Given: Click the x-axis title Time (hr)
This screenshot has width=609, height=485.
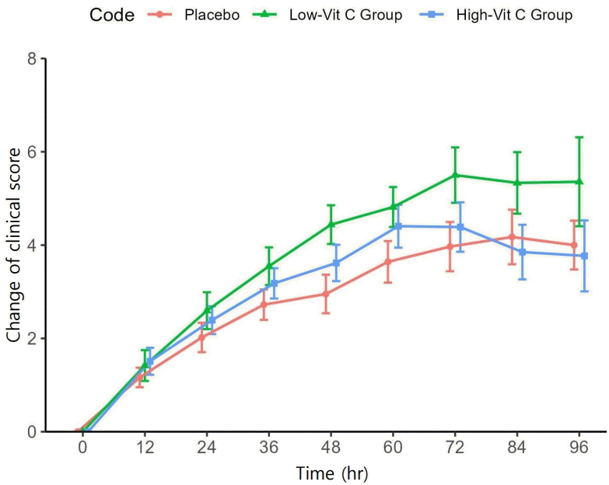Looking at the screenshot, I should click(331, 472).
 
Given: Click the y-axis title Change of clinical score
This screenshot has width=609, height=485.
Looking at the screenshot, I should click(13, 244).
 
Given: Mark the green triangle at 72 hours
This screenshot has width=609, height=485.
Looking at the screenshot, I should click(455, 175).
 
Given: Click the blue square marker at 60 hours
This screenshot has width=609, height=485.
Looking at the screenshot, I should click(399, 226).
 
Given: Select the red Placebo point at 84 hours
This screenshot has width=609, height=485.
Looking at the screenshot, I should click(512, 236).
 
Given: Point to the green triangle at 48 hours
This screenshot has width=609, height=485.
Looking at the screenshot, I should click(331, 224).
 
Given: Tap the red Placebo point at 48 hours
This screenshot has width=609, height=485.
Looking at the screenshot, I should click(326, 294).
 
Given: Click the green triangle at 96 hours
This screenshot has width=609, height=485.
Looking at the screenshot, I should click(579, 181).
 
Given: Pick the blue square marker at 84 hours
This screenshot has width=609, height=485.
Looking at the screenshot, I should click(523, 252).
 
